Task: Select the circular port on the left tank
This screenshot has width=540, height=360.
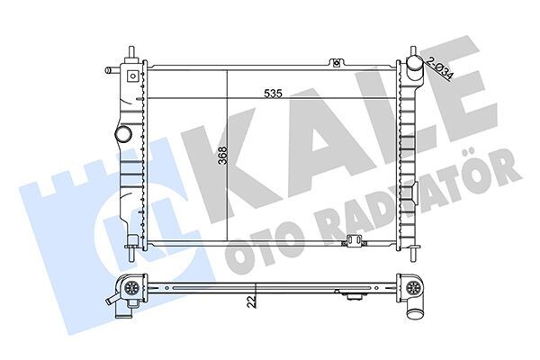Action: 122,135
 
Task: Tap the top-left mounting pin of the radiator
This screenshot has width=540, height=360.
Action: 131,52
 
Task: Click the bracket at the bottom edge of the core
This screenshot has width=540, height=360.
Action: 353,240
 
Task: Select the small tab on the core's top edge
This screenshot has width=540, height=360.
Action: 337,62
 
